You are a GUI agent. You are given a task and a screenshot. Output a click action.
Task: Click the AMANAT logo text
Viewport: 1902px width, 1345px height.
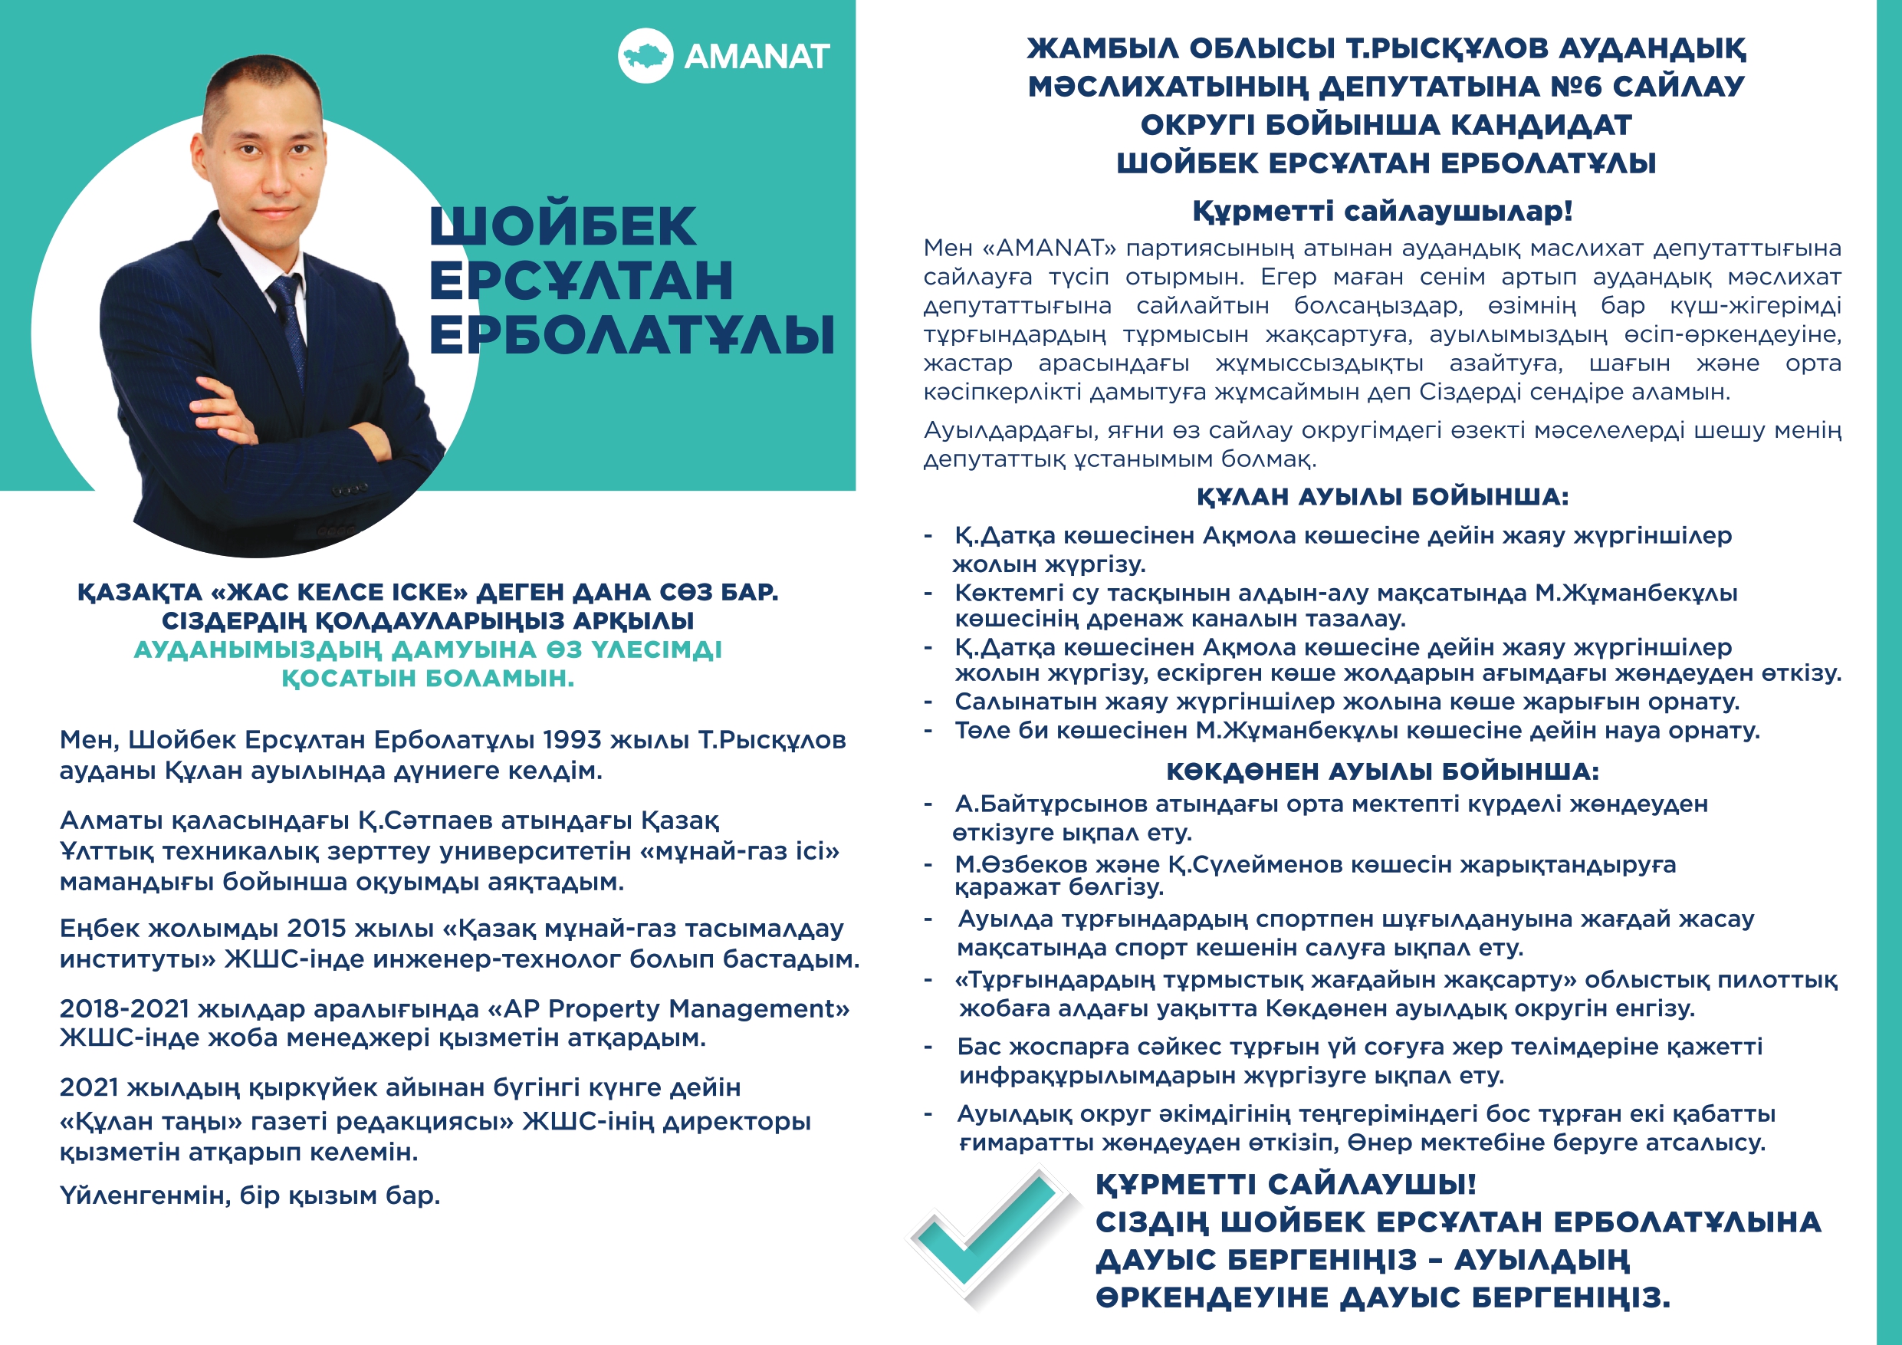point(755,56)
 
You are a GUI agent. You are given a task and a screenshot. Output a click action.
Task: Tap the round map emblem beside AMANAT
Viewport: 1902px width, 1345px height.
point(645,55)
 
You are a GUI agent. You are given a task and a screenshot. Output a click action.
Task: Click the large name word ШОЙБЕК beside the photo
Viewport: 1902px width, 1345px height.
point(563,226)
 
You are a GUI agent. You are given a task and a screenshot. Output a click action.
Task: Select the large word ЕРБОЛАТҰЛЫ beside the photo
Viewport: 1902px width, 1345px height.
point(631,335)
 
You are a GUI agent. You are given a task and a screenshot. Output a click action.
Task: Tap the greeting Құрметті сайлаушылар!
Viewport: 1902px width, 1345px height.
point(1381,211)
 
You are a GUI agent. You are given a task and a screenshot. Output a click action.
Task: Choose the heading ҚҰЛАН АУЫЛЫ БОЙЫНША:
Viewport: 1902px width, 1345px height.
point(1381,496)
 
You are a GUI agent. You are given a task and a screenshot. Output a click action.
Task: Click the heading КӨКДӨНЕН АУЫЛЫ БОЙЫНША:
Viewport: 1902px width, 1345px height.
point(1381,771)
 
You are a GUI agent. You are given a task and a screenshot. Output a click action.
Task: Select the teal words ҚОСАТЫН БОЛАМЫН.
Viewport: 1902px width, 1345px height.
point(428,678)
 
